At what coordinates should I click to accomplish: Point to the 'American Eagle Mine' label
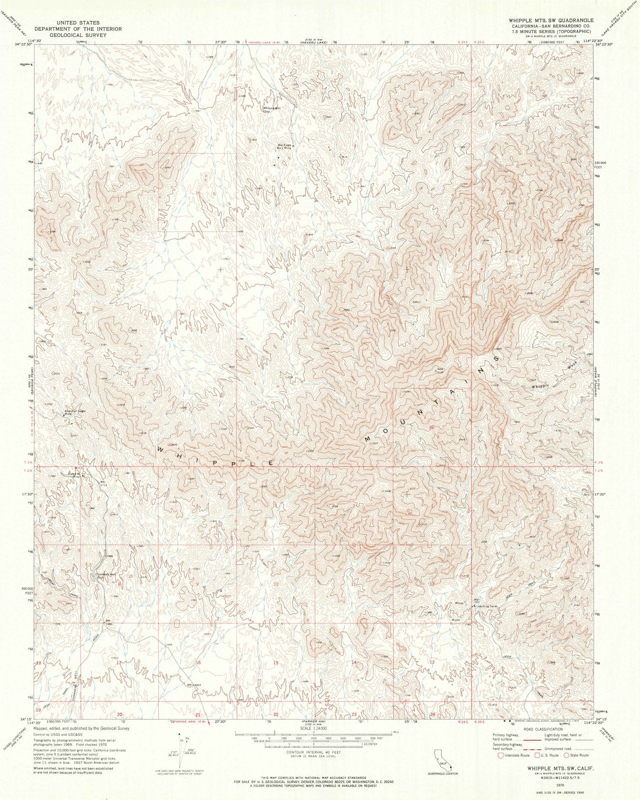75,413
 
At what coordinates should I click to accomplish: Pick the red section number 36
432,427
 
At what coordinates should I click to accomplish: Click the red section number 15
276,662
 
